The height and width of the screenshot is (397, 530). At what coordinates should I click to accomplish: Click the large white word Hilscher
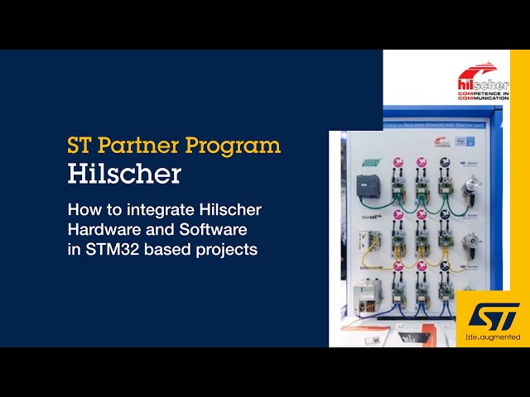(x=123, y=175)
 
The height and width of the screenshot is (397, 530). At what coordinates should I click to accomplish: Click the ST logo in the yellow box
(x=494, y=315)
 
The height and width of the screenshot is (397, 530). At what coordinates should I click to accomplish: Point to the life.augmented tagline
(x=493, y=337)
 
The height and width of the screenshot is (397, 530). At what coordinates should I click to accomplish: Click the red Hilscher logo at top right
(x=482, y=81)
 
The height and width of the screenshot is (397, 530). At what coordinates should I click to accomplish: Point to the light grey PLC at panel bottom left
(x=365, y=295)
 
